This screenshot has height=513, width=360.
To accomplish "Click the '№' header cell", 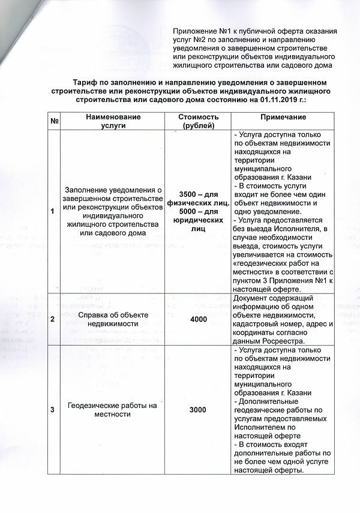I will [54, 121].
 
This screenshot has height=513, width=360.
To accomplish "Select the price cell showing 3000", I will [198, 409].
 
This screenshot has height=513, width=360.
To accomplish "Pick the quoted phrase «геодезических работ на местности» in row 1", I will [274, 267].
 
